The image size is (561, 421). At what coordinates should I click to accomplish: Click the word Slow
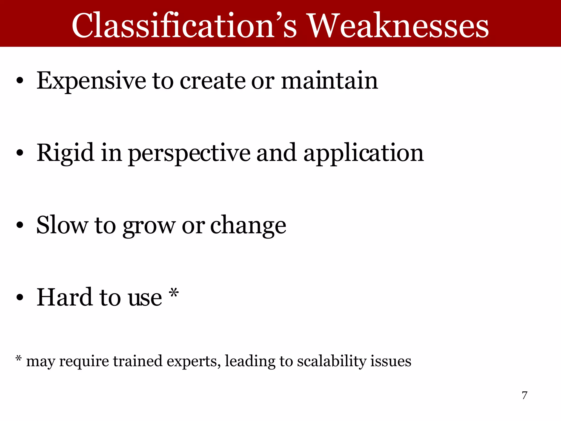[x=62, y=225]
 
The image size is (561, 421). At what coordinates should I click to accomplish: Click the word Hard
[x=65, y=297]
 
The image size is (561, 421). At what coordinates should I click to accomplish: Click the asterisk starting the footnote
[x=18, y=359]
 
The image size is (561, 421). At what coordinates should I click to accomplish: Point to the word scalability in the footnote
[x=331, y=361]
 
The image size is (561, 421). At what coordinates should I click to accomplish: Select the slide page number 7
[x=524, y=395]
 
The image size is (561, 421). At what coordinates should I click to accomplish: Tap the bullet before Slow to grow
[x=19, y=225]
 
